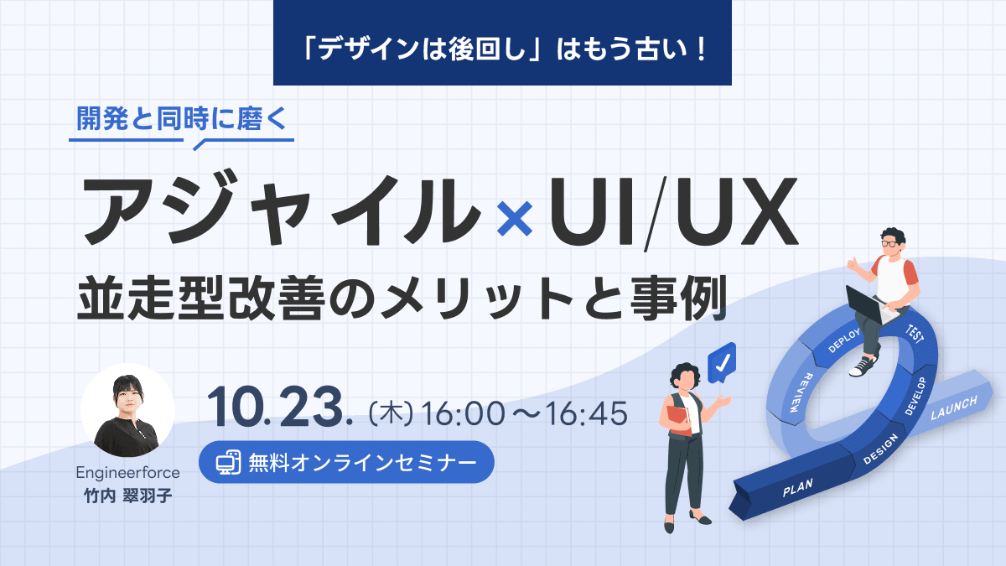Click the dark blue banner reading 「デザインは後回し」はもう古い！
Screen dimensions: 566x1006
[x=502, y=42]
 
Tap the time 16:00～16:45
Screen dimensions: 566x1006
[x=526, y=413]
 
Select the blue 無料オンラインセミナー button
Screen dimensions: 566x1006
[x=346, y=462]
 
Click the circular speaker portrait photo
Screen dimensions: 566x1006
[x=127, y=410]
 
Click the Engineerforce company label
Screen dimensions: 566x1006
[x=127, y=472]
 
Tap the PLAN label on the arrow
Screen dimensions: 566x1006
[x=797, y=489]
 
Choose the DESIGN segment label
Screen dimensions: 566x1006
[x=879, y=449]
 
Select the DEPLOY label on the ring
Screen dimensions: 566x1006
[x=844, y=337]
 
